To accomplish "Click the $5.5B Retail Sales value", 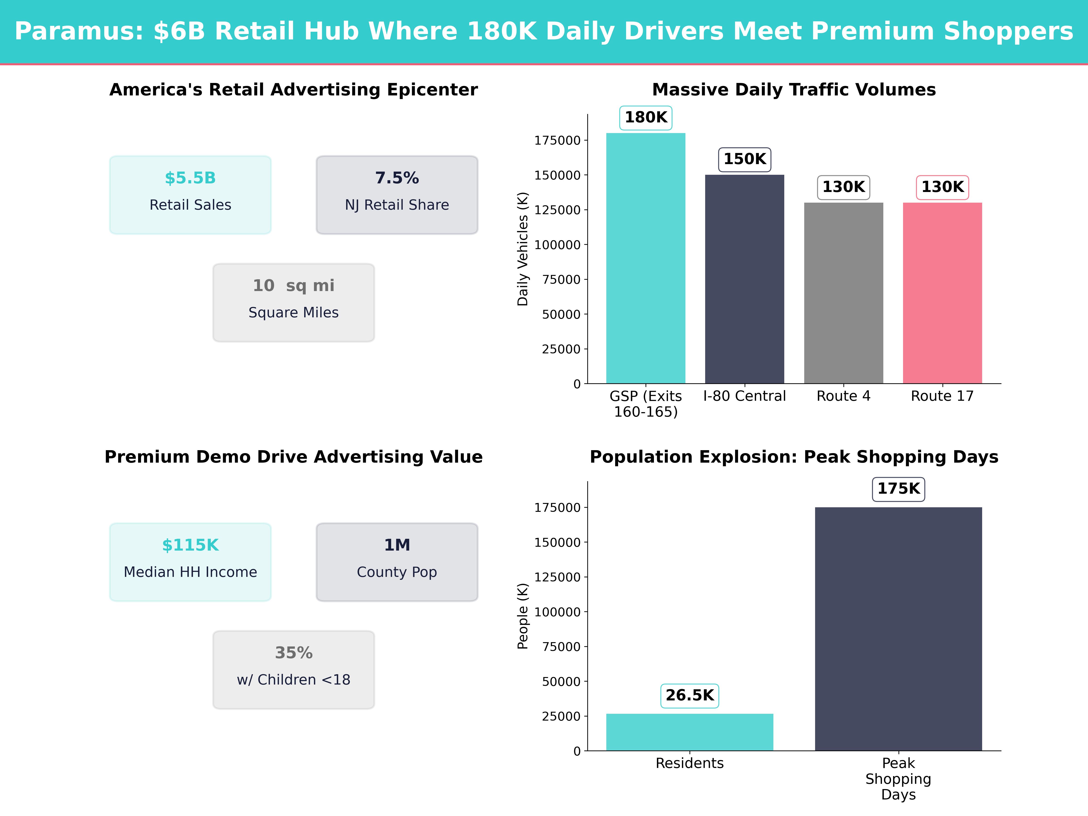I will coord(190,178).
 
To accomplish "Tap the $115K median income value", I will coord(190,545).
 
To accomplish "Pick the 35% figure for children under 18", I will coord(294,653).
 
